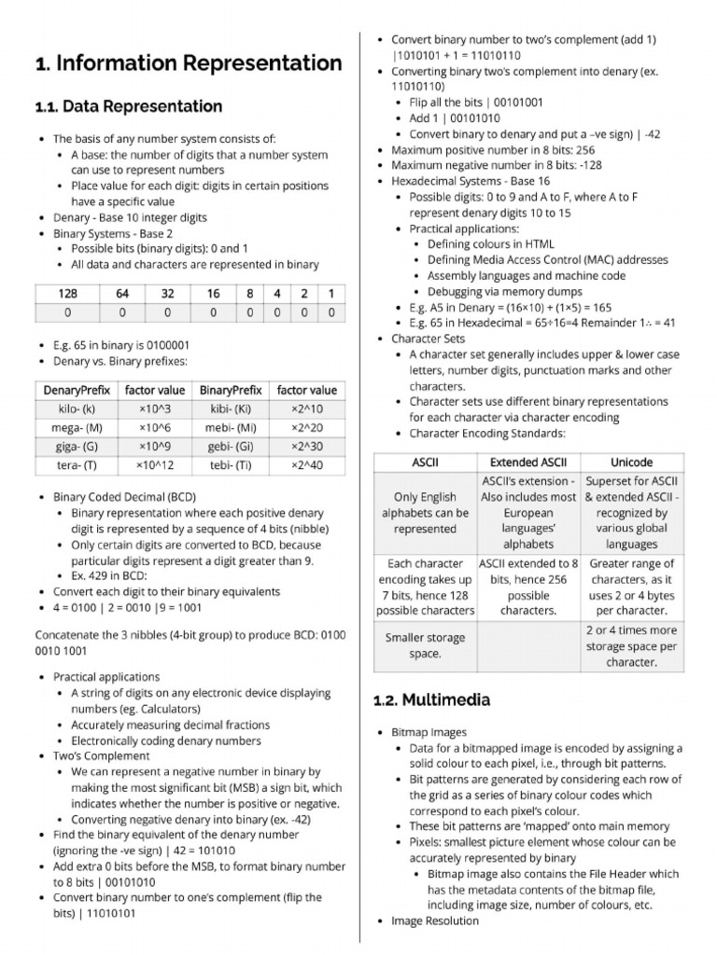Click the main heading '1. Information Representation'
coord(188,63)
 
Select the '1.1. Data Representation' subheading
coord(128,106)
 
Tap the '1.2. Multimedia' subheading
coord(431,699)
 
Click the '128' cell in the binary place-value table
coord(67,294)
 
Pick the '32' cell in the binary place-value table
coord(168,294)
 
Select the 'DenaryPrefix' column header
coord(77,390)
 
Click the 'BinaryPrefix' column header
coord(231,390)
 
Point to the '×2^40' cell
coord(307,465)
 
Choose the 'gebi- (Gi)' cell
coord(231,446)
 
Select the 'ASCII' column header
coord(425,463)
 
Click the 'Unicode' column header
coord(631,463)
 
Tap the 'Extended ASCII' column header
coord(528,463)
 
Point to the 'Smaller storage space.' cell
coord(425,646)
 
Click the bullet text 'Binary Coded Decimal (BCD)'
coord(124,497)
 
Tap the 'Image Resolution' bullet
coord(435,920)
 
